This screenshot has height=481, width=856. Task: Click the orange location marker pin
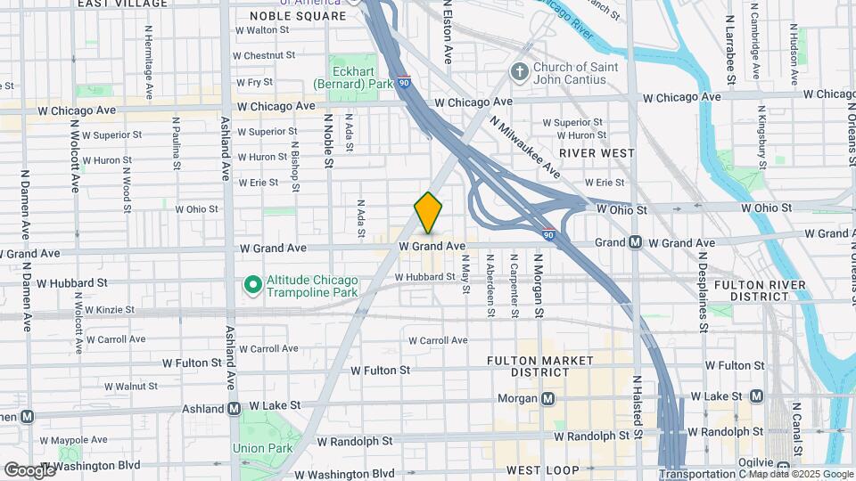pyautogui.click(x=428, y=213)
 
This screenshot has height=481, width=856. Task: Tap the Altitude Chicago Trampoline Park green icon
pyautogui.click(x=252, y=285)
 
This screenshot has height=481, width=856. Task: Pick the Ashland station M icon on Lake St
pyautogui.click(x=234, y=409)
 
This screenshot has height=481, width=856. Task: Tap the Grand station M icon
pyautogui.click(x=635, y=242)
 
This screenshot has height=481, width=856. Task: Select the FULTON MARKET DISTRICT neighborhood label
pyautogui.click(x=540, y=366)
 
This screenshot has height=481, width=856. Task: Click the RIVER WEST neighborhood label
pyautogui.click(x=597, y=153)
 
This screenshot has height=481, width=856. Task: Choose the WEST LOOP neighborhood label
pyautogui.click(x=542, y=469)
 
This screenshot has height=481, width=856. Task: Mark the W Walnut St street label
pyautogui.click(x=130, y=387)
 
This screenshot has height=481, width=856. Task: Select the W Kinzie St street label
pyautogui.click(x=104, y=310)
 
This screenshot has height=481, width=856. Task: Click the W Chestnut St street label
pyautogui.click(x=264, y=55)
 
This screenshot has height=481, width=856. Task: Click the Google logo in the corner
pyautogui.click(x=29, y=469)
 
